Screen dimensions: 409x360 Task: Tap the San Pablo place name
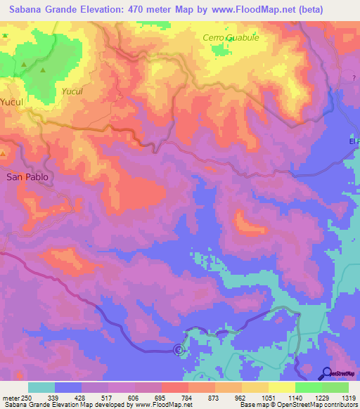[x=27, y=177]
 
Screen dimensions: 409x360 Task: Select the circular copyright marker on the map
[x=178, y=349]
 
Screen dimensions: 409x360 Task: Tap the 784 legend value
[x=188, y=397]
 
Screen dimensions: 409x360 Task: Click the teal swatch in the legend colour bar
[x=41, y=387]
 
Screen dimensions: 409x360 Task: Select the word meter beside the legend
[x=9, y=397]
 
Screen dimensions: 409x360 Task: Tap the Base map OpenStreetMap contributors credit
[x=297, y=405]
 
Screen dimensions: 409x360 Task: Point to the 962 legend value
[x=241, y=397]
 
